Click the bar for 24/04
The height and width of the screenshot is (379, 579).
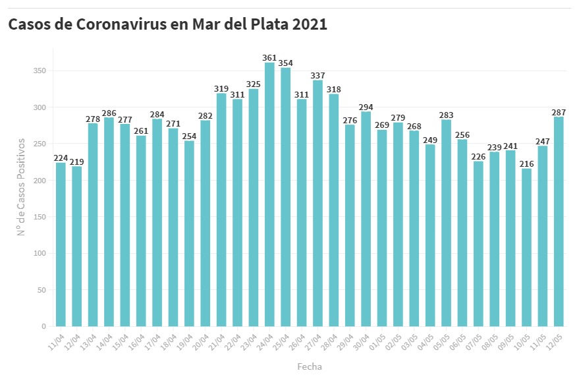click(x=269, y=194)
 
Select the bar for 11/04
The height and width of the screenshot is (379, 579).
click(x=61, y=245)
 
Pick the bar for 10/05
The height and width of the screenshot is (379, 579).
click(x=526, y=247)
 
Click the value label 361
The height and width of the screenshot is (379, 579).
click(x=269, y=57)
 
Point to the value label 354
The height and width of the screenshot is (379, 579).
click(x=285, y=63)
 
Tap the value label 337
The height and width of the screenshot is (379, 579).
click(x=317, y=75)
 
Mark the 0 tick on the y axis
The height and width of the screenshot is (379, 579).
click(x=43, y=326)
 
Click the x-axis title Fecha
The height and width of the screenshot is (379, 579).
click(x=309, y=366)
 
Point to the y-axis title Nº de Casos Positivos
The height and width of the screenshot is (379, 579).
click(x=22, y=187)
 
